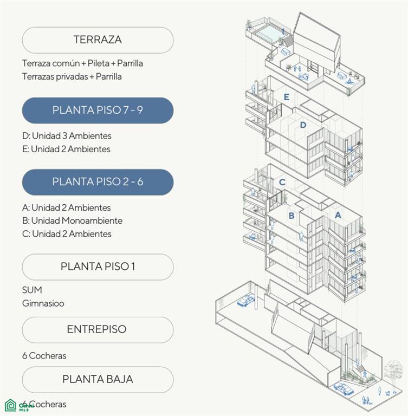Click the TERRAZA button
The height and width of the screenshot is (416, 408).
98,40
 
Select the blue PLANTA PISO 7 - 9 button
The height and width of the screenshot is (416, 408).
98,110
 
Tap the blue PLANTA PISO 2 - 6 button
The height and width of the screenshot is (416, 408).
98,182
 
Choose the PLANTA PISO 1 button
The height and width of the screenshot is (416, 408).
98,266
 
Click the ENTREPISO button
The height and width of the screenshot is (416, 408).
98,330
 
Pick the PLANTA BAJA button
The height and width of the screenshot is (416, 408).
98,380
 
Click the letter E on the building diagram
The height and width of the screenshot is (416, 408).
286,97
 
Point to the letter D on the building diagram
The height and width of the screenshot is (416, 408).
303,125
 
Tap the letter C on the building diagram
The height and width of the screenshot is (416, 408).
282,182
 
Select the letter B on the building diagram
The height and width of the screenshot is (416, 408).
291,216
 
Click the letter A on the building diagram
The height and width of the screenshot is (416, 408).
338,215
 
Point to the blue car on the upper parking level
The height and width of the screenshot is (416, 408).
246,301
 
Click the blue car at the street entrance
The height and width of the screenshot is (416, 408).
344,389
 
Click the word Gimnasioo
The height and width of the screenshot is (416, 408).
43,303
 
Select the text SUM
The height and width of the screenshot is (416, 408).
32,290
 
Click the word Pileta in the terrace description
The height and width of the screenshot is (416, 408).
99,63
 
